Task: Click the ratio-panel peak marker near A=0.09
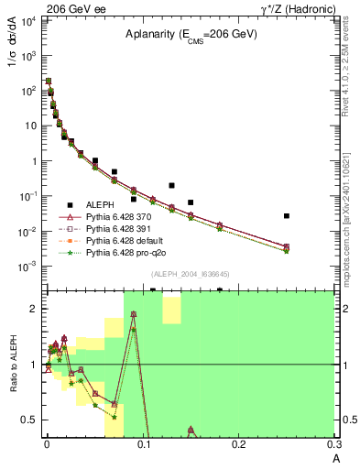pyautogui.click(x=134, y=314)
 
